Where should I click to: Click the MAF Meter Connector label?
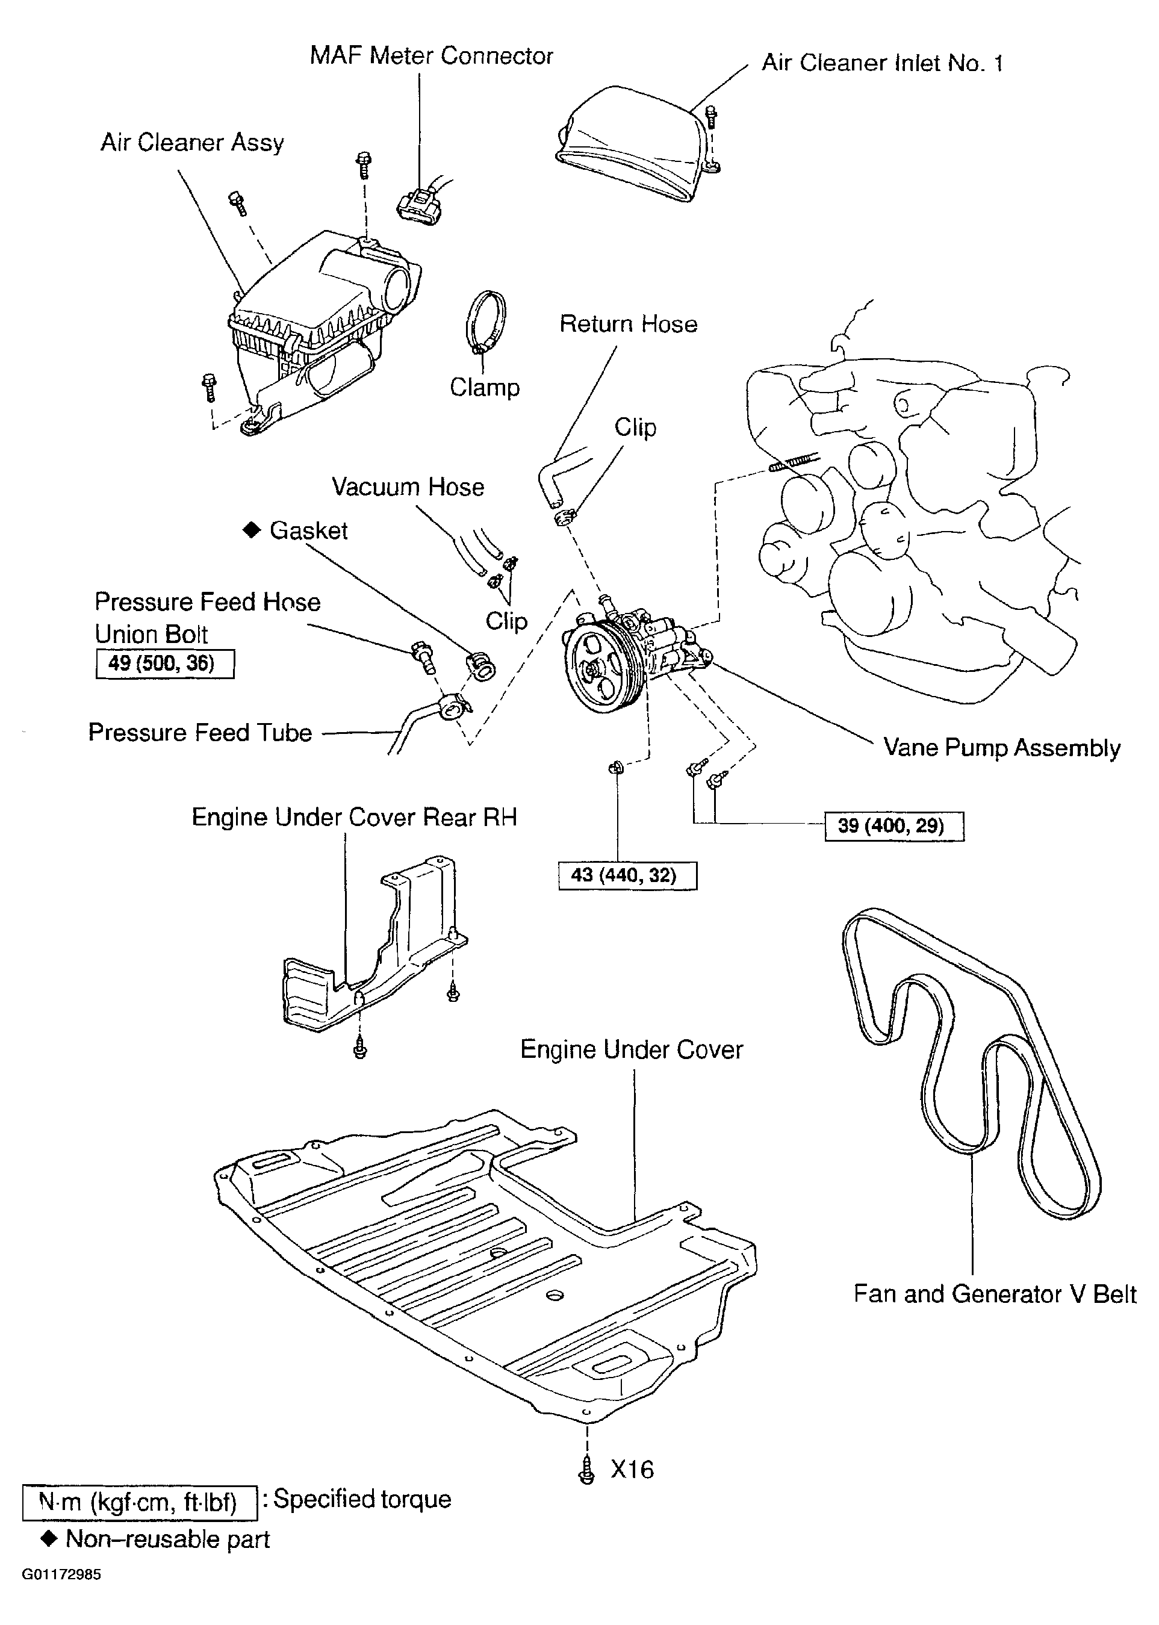(431, 55)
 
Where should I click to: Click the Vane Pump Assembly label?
(1001, 747)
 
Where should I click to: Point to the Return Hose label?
(628, 324)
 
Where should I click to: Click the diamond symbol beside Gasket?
(251, 530)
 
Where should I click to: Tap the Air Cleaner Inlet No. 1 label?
(882, 63)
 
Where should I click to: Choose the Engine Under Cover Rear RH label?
(354, 816)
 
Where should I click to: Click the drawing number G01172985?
(61, 1574)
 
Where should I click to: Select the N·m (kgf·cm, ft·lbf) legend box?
(138, 1502)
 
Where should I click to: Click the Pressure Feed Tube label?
(200, 732)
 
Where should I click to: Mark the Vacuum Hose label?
(408, 486)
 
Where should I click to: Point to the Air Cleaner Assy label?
(192, 142)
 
